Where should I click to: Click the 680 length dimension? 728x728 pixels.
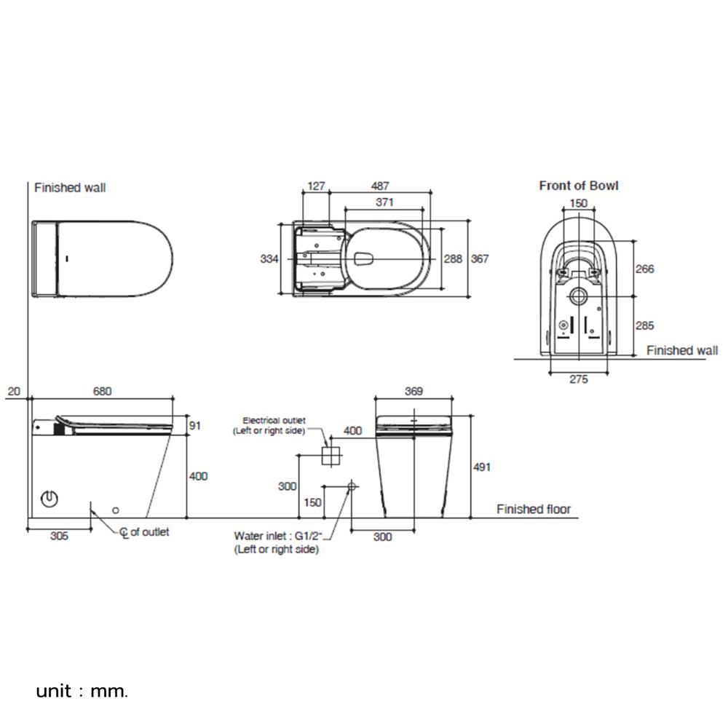click(x=102, y=392)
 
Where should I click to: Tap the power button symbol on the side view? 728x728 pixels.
click(x=50, y=500)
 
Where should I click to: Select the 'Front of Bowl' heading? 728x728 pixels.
click(x=578, y=186)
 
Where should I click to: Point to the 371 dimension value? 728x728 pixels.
click(x=385, y=202)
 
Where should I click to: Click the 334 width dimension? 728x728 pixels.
click(x=270, y=258)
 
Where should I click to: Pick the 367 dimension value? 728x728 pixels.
click(x=480, y=259)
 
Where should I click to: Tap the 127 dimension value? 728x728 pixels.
click(x=316, y=186)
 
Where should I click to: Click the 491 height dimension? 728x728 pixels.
click(x=481, y=467)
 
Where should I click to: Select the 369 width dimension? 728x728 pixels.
click(x=414, y=392)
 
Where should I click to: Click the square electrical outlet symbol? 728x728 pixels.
click(x=331, y=456)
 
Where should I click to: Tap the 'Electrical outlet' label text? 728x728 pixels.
click(x=274, y=425)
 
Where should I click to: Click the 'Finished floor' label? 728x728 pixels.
click(x=534, y=510)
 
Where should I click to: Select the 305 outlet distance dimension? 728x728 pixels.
click(x=59, y=536)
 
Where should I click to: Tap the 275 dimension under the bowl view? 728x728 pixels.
click(x=578, y=379)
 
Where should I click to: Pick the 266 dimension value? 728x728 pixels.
click(x=645, y=269)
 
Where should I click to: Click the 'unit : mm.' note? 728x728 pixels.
click(x=82, y=690)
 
